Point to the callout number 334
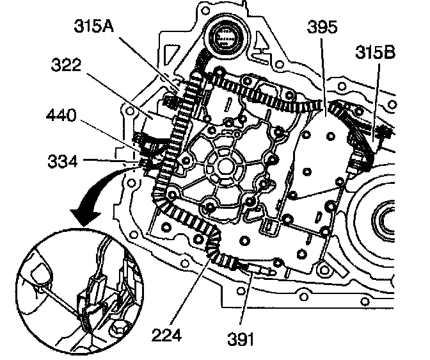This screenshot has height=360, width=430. click(62, 162)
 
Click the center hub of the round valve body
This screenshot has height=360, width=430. click(224, 165)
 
